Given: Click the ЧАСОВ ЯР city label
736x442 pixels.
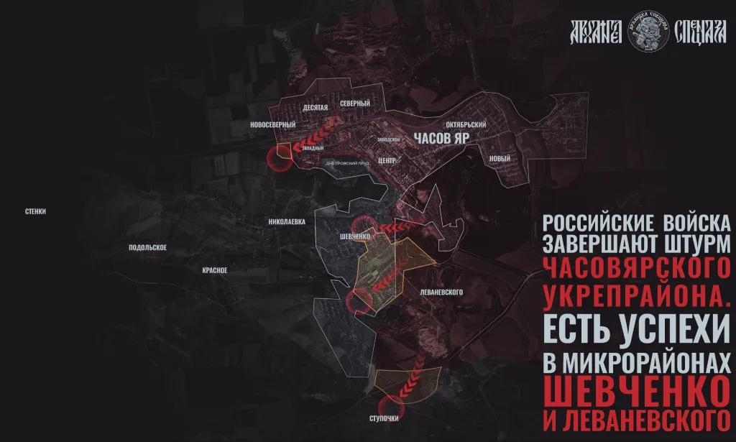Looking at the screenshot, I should coord(439,139).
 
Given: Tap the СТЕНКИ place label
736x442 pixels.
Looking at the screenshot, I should coord(35,211).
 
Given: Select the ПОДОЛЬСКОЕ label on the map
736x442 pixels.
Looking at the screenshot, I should coord(148,248).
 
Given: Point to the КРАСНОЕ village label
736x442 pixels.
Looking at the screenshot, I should coord(215,270).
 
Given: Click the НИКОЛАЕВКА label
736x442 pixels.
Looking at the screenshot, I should coord(287,222).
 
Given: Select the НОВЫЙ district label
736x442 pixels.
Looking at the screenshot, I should coord(499,159).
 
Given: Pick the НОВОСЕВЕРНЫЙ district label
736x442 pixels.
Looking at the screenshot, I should coord(272,125).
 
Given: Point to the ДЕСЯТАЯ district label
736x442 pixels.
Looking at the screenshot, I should coord(316,107).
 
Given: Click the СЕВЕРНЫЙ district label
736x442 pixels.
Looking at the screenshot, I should coord(355,104).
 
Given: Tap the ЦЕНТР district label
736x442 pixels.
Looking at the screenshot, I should coord(387,160).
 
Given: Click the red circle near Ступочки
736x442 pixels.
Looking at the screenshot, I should coord(392,408).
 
